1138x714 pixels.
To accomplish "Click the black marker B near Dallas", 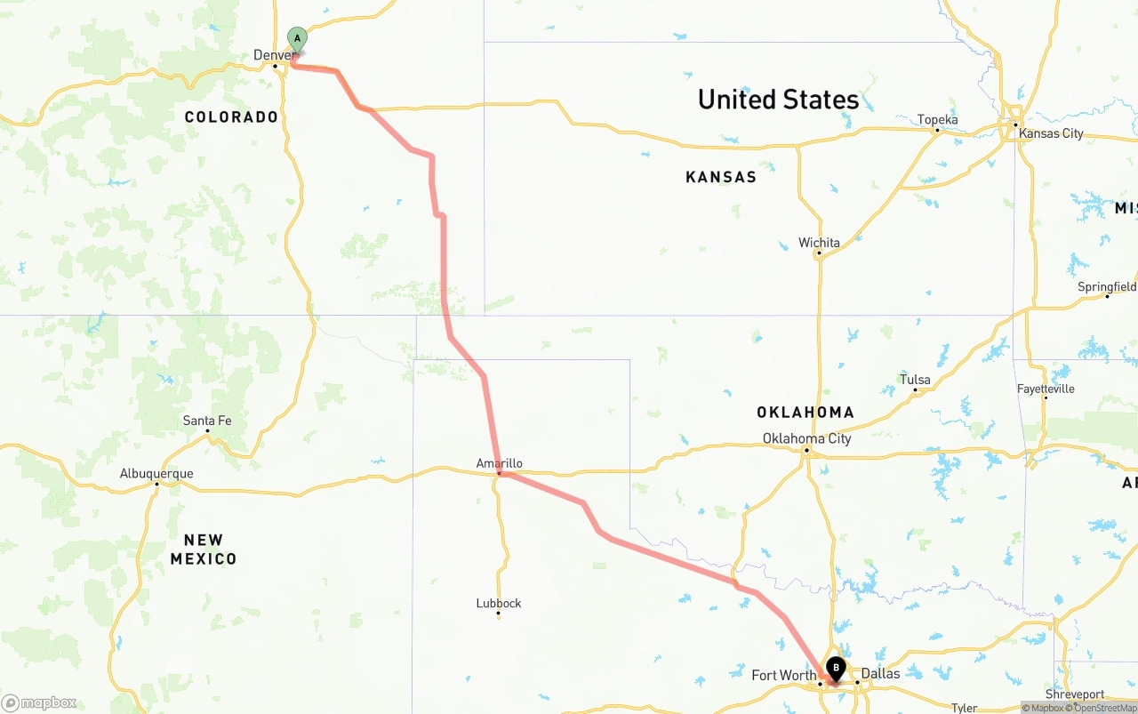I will coord(836,669).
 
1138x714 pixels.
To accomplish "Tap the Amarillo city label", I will coord(499,463).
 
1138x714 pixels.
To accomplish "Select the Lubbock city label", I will coord(498,603).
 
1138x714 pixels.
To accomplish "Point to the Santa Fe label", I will coord(207,421).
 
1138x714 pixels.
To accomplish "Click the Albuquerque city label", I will coord(156,474).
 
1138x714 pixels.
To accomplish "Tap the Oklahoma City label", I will coord(806,438).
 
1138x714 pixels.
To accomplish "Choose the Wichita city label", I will coord(819,243).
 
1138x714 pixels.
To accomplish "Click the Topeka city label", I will coord(938,120).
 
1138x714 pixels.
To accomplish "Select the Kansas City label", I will coord(1051,133).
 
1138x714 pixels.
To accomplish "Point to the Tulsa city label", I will coord(915,380).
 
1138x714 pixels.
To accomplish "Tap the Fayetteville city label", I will coord(1046,389).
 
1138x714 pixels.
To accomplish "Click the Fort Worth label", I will coord(783,676).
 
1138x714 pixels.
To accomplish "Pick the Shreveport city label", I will coord(1074,694).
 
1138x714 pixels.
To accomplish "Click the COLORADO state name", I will coord(231,117).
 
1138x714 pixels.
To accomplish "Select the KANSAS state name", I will coord(721,177).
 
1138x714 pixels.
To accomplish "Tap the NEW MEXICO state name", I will coord(204,550).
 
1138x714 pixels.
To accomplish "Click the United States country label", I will coord(778,99).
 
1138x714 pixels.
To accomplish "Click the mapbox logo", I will coord(39,703).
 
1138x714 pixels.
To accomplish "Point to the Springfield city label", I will coord(1106,287).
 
